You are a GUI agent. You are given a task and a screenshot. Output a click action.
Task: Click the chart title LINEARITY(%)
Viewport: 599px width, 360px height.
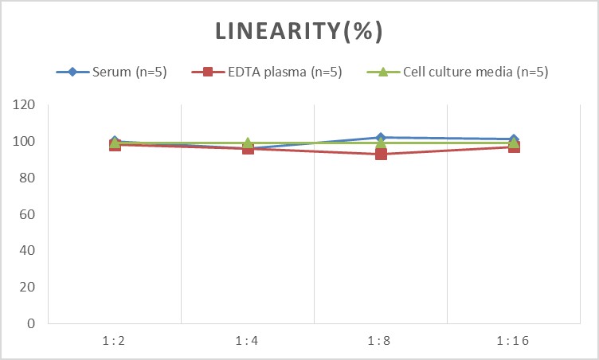point(299,32)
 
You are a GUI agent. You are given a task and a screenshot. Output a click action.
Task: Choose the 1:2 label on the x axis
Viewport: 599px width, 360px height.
point(115,341)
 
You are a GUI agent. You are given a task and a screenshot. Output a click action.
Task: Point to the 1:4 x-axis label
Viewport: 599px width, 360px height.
point(248,341)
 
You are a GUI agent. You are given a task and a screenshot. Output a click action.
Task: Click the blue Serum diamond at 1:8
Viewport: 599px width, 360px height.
point(381,138)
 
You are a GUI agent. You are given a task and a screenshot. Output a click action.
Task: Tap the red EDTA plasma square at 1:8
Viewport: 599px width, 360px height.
point(381,154)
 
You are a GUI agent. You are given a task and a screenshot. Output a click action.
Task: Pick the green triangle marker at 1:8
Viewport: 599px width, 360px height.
point(381,143)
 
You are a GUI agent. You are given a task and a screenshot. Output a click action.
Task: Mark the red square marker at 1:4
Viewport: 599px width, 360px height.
point(248,149)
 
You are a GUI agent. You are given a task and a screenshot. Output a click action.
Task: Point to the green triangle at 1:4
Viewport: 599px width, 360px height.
point(248,143)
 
